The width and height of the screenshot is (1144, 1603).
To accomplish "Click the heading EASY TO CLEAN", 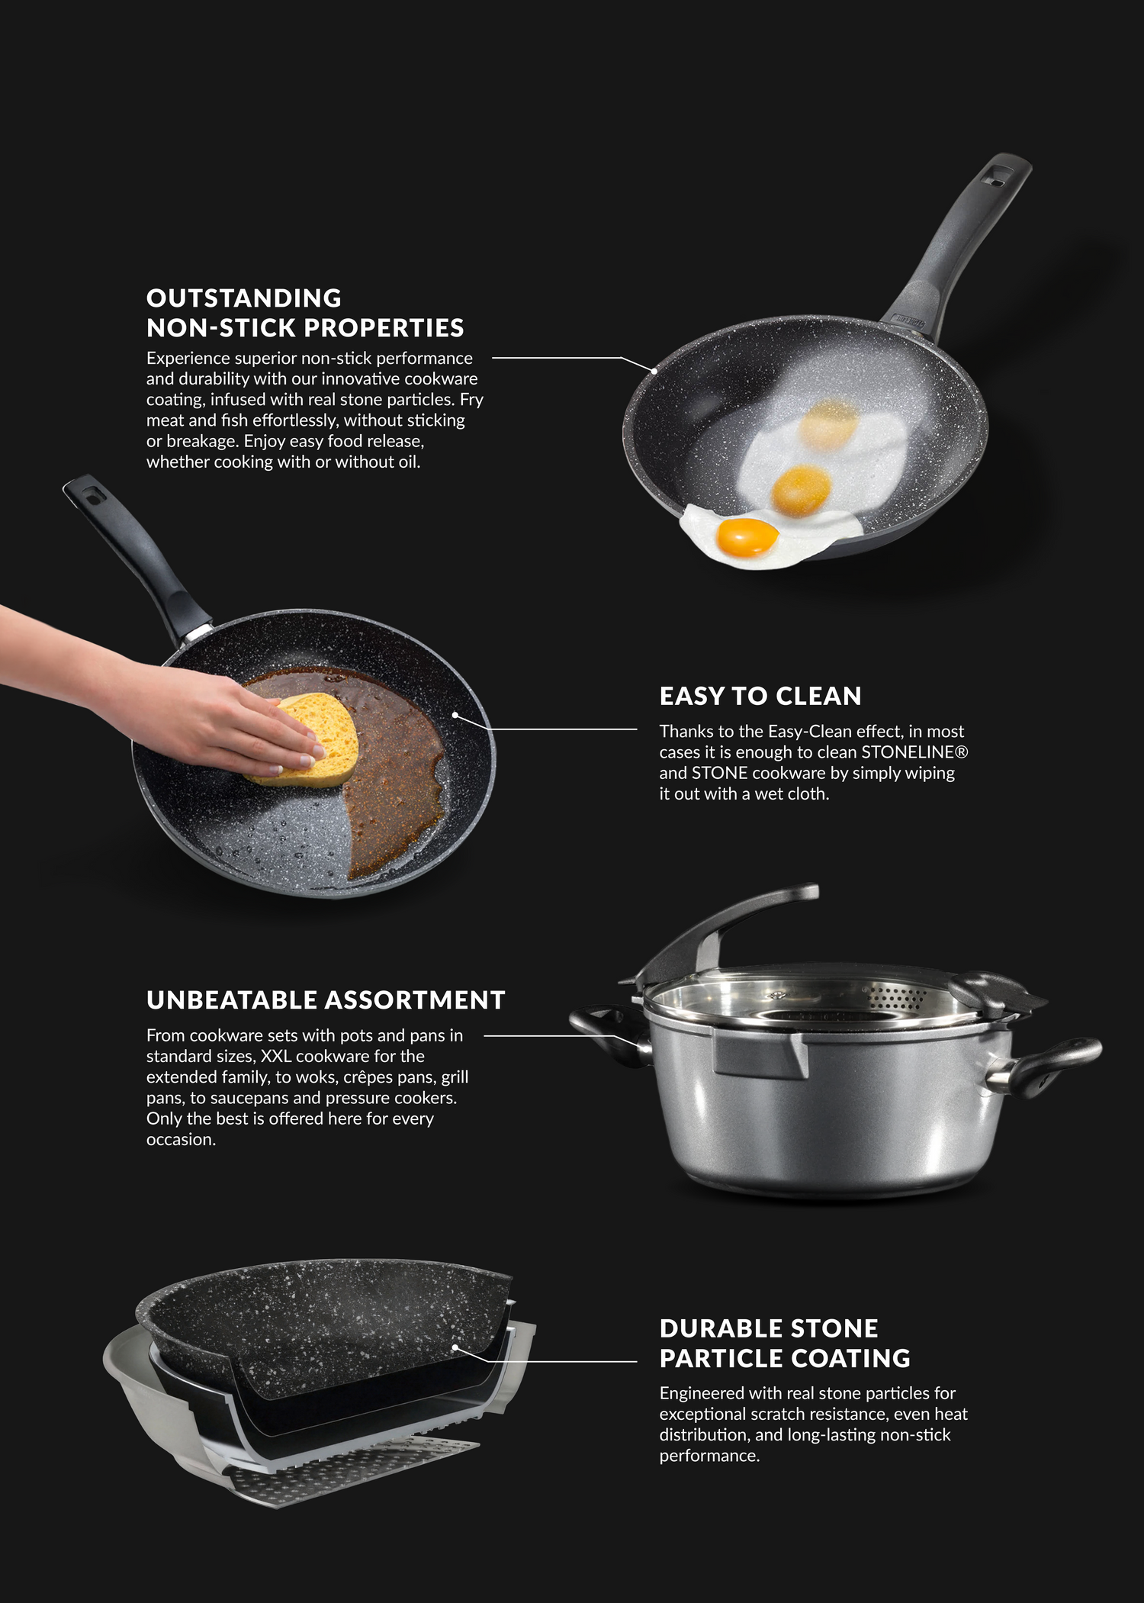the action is pyautogui.click(x=760, y=696).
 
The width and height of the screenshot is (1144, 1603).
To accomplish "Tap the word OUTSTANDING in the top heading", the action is pyautogui.click(x=244, y=298).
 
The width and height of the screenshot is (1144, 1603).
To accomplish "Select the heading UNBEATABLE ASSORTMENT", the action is pyautogui.click(x=326, y=999).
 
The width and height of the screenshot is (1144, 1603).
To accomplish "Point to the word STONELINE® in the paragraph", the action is pyautogui.click(x=914, y=752).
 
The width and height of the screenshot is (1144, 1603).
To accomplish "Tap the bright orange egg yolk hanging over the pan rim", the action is pyautogui.click(x=747, y=536).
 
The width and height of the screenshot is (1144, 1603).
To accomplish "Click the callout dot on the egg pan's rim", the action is pyautogui.click(x=654, y=371).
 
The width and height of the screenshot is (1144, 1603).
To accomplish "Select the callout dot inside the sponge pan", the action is pyautogui.click(x=455, y=715).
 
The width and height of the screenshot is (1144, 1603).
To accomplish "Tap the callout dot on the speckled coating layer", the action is pyautogui.click(x=455, y=1347).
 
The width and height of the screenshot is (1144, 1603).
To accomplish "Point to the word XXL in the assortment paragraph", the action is pyautogui.click(x=276, y=1057).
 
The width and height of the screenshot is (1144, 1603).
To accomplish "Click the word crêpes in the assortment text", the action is pyautogui.click(x=371, y=1078).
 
